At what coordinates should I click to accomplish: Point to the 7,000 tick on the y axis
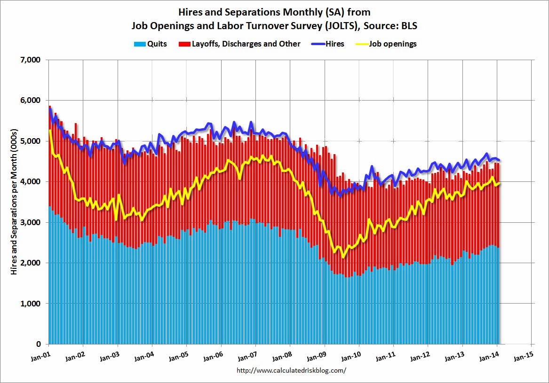(31, 60)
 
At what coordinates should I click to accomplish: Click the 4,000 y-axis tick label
(31, 181)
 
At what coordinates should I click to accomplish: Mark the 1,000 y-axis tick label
(31, 303)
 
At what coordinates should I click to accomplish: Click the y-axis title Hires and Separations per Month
(15, 202)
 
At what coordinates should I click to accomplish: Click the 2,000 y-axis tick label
(31, 263)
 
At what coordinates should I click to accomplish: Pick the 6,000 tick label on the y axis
(31, 101)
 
